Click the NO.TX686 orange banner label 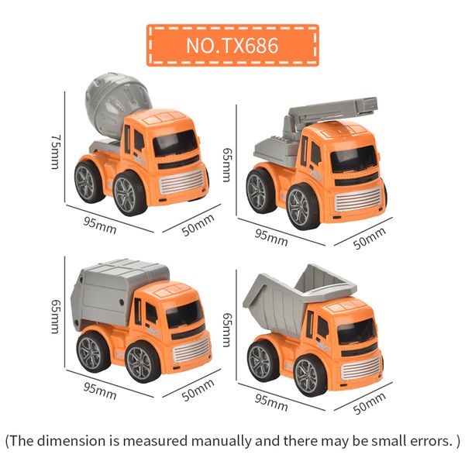point(232,45)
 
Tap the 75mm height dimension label point(55,146)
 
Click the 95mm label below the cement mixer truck point(100,225)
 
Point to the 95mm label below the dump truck point(271,402)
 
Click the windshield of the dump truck point(356,332)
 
